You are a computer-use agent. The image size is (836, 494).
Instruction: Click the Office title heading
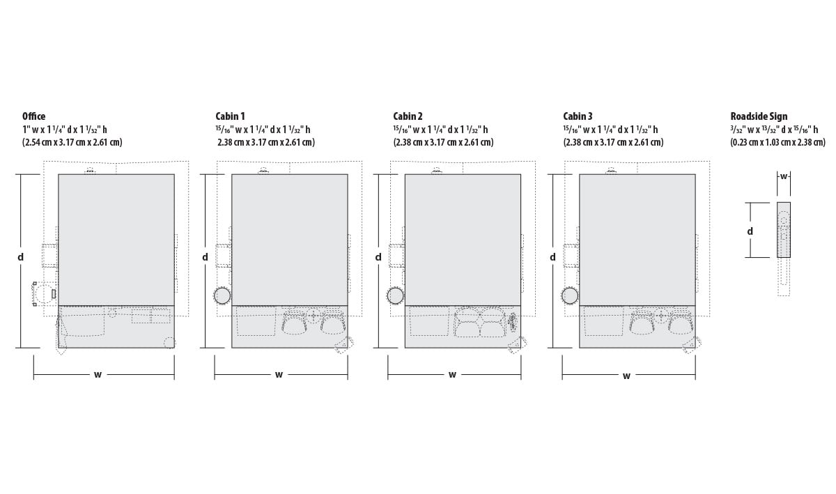click(x=34, y=116)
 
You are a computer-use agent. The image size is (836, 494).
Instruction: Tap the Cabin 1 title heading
click(x=230, y=116)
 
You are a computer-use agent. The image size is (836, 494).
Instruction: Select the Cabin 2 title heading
click(x=408, y=116)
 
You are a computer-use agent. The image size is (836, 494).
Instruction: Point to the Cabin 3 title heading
click(x=578, y=116)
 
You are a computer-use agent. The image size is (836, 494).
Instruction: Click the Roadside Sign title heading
click(x=759, y=116)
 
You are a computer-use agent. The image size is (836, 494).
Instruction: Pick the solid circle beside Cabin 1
click(x=223, y=295)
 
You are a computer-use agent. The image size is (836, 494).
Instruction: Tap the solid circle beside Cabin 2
click(x=396, y=295)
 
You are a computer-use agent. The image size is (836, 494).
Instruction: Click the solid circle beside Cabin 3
click(x=570, y=295)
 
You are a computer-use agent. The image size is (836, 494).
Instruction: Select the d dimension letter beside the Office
click(x=20, y=257)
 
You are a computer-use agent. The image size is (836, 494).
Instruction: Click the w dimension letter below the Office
click(x=98, y=375)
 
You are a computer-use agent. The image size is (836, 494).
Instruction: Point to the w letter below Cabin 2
click(x=452, y=375)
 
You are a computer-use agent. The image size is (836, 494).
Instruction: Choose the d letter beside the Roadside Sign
click(x=750, y=231)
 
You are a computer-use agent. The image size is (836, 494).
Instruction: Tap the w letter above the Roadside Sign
click(x=784, y=176)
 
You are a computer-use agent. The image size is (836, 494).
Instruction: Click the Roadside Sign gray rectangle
click(x=784, y=230)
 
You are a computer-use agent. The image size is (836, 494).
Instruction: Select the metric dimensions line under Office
click(x=72, y=142)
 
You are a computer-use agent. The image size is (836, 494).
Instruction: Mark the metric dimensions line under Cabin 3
click(x=614, y=142)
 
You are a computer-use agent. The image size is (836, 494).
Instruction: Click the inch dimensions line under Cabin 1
click(x=263, y=130)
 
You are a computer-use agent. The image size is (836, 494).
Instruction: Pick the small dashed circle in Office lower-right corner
click(x=169, y=342)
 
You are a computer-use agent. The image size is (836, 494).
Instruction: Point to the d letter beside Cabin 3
click(x=552, y=257)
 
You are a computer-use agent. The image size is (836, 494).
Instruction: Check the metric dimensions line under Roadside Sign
click(x=778, y=142)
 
